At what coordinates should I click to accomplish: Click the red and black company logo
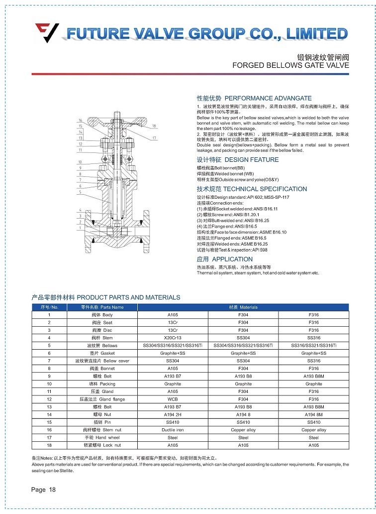tap(47, 33)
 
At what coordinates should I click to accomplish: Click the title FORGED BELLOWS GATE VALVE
tap(291, 65)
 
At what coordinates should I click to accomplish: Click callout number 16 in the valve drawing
tap(80, 121)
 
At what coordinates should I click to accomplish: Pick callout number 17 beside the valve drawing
tap(155, 138)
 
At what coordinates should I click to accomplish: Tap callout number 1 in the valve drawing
tap(80, 228)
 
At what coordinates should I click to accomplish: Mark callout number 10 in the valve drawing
tap(80, 162)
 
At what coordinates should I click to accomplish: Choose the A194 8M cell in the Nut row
tap(314, 414)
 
